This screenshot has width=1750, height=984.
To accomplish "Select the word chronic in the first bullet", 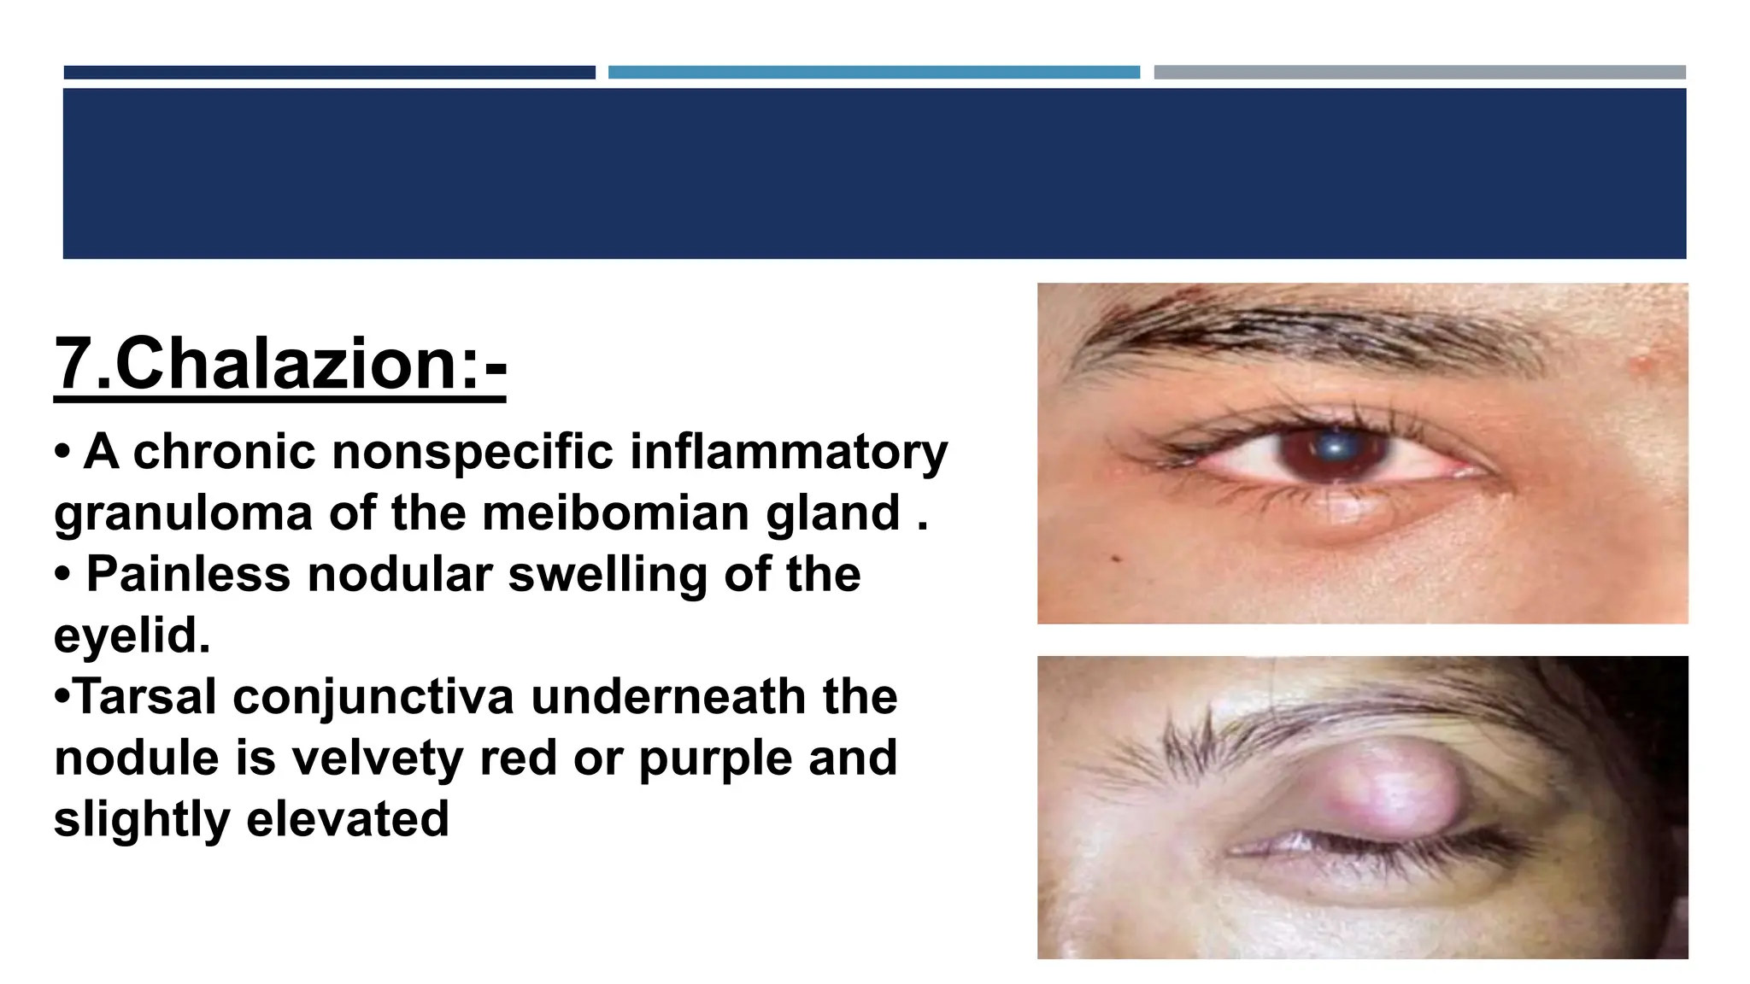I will pos(224,452).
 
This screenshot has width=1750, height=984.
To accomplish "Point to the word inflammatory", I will pos(788,452).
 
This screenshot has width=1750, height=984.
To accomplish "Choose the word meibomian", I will pos(615,513).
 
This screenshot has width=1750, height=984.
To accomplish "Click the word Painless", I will pos(188,574).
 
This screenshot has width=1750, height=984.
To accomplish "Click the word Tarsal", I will pos(145,697).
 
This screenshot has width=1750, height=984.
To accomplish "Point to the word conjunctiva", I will pos(373,697).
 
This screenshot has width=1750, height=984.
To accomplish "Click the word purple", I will pos(715,758).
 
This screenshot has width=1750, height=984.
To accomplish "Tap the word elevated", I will pos(348,819).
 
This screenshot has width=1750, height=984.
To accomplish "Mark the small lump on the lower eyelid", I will pos(1351,510).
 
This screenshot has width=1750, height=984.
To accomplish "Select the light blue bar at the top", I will pos(873,73).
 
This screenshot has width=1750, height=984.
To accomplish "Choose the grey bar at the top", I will pos(1419,73).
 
